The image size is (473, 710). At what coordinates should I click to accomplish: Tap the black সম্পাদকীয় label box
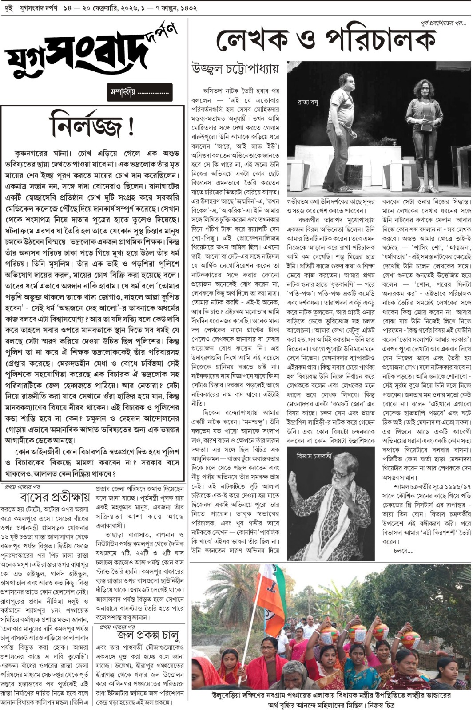click(139, 92)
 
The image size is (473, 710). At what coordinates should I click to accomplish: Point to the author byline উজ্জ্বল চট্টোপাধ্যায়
click(235, 69)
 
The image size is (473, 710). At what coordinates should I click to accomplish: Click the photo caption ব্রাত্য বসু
click(308, 103)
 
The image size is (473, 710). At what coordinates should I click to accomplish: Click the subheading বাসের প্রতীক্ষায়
click(55, 497)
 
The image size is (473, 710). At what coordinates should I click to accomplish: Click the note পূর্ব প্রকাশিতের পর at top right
click(443, 23)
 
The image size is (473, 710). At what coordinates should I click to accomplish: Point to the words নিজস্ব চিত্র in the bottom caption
click(376, 705)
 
